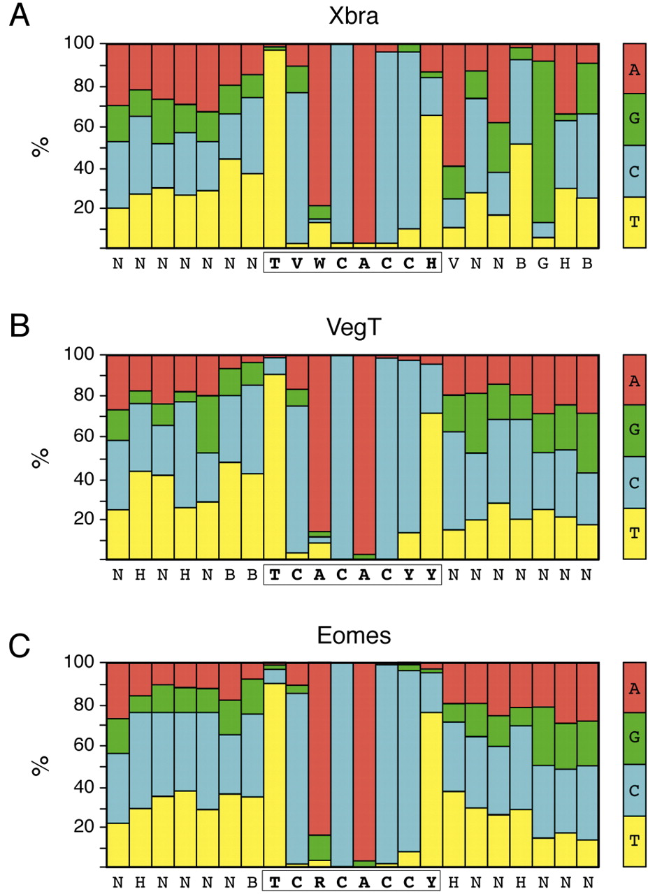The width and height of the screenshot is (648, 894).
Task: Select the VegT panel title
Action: [354, 327]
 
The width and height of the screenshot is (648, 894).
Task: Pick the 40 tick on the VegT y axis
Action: [82, 480]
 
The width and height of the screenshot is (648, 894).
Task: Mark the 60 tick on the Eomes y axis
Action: [82, 747]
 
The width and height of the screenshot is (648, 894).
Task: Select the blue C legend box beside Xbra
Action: [633, 170]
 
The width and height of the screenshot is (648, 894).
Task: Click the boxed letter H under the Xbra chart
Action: [432, 264]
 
